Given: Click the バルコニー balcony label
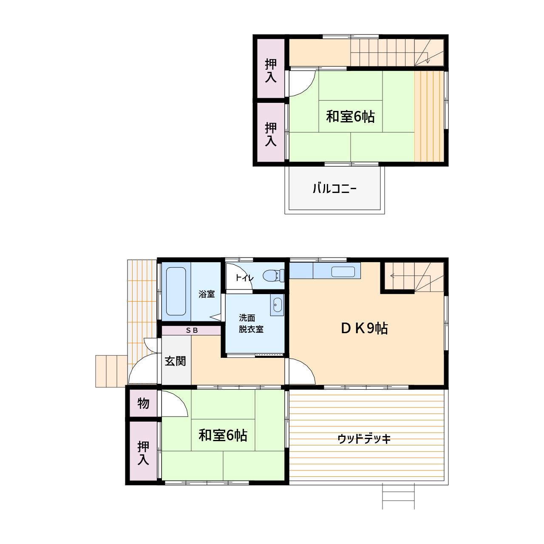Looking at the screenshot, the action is coord(334,188).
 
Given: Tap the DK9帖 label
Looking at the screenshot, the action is coord(364,328).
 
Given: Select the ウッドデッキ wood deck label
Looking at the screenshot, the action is coord(364,439).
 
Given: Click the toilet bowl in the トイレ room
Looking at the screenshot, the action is coord(273,275).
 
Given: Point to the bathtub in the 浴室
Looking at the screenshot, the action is coord(176,291).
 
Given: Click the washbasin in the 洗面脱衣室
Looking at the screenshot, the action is coord(278,305).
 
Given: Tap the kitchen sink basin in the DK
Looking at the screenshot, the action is coord(343,272).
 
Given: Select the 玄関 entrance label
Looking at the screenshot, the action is coord(175,361).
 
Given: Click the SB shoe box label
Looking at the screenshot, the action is coord(192,330).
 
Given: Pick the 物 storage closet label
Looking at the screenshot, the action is coord(143,403).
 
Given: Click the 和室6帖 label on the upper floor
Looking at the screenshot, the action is coord(350,116).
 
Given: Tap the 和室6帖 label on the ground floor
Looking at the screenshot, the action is coord(223,435).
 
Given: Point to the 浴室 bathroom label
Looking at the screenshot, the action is coord(207,294).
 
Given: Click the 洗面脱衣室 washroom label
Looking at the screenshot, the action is coord(251,323).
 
